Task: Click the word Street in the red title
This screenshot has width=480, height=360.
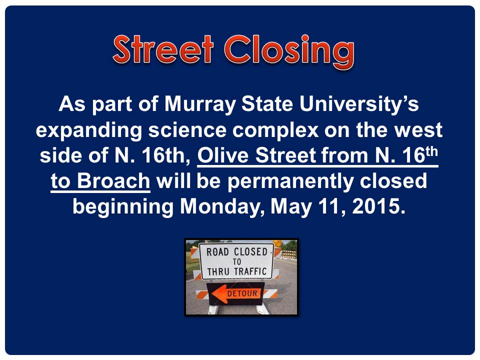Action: point(163,49)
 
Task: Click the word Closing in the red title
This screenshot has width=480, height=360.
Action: point(289,51)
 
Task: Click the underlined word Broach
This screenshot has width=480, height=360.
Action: point(113,180)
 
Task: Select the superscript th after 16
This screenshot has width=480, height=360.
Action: point(431,152)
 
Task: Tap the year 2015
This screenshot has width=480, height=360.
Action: point(378,206)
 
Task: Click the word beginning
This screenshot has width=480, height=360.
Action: point(123,207)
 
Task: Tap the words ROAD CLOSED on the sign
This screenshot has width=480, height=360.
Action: point(236,252)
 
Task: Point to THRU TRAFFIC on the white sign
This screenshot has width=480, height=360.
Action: point(236,271)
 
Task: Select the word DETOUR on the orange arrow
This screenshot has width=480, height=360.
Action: point(242,294)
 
